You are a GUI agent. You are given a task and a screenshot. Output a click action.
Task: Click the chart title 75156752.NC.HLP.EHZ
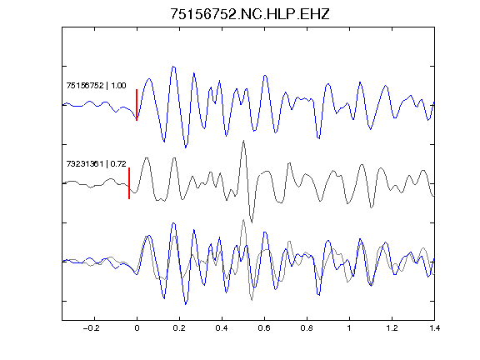250,14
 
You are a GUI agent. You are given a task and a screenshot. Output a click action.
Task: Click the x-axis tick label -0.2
91,328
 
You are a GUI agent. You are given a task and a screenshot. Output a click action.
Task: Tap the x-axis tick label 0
137,328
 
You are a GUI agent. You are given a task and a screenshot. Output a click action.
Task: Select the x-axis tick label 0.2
179,328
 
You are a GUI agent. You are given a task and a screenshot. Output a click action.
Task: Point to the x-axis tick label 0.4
222,328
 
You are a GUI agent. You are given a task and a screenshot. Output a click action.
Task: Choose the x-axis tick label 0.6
264,328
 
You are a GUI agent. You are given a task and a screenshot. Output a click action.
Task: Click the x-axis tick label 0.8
307,328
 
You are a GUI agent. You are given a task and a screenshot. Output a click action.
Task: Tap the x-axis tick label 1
349,328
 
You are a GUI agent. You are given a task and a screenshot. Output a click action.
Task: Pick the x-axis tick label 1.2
392,328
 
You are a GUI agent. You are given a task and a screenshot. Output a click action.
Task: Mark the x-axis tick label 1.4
434,328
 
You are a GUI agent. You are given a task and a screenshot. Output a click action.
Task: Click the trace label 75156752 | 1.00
96,85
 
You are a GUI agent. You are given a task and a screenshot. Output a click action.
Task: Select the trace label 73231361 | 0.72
96,164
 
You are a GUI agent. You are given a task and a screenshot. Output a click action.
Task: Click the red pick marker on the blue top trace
137,105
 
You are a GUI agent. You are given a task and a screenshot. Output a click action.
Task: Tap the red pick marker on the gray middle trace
129,183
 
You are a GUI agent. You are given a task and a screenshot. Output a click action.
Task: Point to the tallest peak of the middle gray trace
243,141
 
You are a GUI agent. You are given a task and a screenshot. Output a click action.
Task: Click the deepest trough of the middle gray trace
252,222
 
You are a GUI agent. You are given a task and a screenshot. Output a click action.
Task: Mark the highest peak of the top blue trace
173,67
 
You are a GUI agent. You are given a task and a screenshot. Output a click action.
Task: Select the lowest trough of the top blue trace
186,147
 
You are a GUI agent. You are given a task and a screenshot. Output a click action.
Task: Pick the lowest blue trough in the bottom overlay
186,304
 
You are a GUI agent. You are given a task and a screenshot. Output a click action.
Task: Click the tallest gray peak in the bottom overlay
243,220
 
